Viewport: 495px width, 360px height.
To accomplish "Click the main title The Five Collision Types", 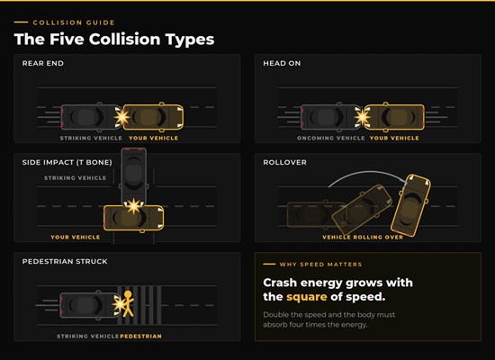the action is click(x=114, y=40).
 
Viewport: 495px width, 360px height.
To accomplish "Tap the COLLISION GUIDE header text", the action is click(x=74, y=22).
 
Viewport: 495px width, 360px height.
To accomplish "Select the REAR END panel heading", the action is click(x=43, y=63).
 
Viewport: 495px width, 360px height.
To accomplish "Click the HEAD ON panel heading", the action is click(x=282, y=63).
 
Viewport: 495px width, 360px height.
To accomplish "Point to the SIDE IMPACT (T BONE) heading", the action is click(x=67, y=162).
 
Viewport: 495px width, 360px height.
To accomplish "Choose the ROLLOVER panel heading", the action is click(x=284, y=162).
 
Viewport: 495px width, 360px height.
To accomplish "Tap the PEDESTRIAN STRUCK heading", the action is click(x=65, y=262).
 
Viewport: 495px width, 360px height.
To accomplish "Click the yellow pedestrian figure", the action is click(x=128, y=304).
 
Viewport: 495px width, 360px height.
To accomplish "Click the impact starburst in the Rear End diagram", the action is click(x=121, y=117).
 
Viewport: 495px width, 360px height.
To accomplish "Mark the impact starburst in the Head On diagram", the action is click(x=363, y=117).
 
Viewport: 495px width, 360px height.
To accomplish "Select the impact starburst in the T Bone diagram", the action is click(x=134, y=206).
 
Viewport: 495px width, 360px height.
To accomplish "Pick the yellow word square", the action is click(x=307, y=297).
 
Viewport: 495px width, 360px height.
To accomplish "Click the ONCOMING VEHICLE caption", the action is click(x=331, y=138).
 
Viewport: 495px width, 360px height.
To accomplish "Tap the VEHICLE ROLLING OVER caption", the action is click(x=363, y=238).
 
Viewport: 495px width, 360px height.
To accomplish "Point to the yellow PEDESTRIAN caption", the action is click(x=140, y=337).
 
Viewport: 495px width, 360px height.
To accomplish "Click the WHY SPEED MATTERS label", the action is click(x=320, y=265).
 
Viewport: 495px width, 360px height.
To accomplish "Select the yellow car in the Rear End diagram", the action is click(x=153, y=117).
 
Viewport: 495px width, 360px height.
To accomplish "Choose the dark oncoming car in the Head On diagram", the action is click(x=330, y=117).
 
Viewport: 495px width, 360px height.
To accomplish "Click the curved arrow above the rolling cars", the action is click(x=368, y=173).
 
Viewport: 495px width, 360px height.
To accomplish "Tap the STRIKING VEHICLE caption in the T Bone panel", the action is click(x=75, y=178).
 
